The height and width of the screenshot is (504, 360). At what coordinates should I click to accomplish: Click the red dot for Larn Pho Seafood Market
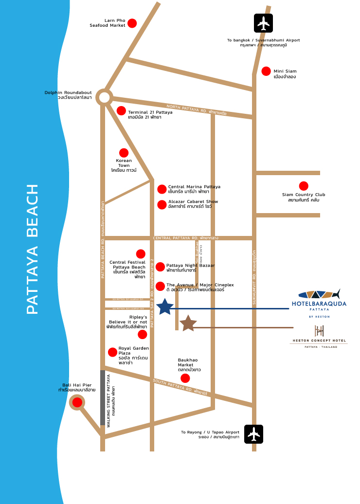(132, 23)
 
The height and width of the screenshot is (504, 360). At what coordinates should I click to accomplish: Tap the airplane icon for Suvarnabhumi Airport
(264, 23)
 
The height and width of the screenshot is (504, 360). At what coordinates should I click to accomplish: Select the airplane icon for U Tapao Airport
(253, 434)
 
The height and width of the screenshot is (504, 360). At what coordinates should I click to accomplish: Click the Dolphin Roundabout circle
(104, 97)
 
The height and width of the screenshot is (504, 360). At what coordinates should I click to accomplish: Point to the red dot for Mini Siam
(266, 72)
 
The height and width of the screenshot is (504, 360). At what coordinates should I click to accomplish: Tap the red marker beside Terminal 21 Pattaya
(121, 111)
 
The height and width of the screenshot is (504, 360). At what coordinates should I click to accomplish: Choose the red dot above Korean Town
(124, 153)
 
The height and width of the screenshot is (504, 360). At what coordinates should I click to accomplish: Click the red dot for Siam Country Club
(304, 186)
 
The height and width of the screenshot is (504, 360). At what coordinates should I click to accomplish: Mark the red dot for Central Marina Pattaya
(162, 189)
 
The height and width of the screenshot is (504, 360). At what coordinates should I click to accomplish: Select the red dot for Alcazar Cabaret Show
(162, 205)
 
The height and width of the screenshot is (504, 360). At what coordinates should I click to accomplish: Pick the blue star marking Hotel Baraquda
(165, 307)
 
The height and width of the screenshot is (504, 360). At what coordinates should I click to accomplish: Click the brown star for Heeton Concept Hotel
(188, 323)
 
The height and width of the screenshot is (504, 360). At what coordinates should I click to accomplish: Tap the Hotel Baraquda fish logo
(319, 294)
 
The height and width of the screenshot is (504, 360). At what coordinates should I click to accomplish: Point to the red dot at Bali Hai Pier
(77, 402)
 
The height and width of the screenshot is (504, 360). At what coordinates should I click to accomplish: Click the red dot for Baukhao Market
(185, 378)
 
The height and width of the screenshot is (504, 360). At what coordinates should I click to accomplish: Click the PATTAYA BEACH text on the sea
(32, 249)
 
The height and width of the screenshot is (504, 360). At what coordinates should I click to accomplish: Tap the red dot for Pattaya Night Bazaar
(160, 267)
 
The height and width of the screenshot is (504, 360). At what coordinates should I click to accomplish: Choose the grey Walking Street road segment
(103, 398)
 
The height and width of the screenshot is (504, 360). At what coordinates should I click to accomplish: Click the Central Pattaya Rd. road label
(185, 238)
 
